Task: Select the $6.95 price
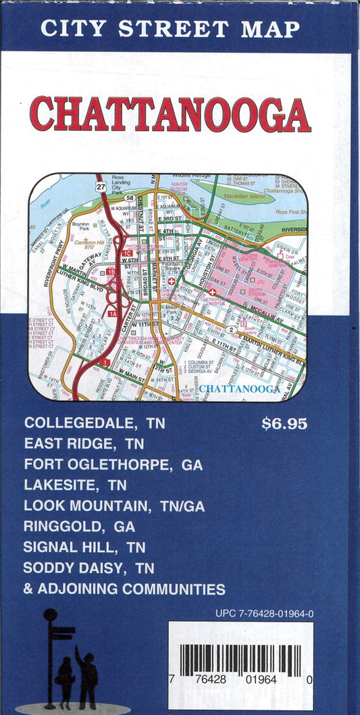pyautogui.click(x=284, y=424)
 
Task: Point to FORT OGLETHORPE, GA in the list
pyautogui.click(x=113, y=465)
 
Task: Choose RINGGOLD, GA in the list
pyautogui.click(x=79, y=526)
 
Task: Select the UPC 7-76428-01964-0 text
pyautogui.click(x=264, y=614)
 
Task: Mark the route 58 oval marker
pyautogui.click(x=129, y=198)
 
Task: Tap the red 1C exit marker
pyautogui.click(x=128, y=253)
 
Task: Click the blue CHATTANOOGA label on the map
pyautogui.click(x=239, y=389)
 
